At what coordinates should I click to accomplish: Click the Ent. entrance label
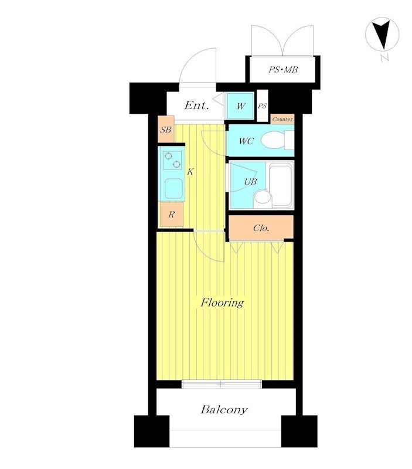(196, 106)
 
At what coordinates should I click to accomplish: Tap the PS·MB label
(283, 70)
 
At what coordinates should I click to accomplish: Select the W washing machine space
(241, 106)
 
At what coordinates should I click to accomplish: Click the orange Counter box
(282, 119)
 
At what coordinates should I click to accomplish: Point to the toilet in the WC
(277, 140)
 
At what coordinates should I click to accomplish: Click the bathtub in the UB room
(281, 185)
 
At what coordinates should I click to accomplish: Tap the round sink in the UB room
(263, 198)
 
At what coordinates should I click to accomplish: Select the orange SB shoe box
(166, 130)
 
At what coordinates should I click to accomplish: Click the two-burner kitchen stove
(172, 160)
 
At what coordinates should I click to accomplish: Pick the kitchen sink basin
(173, 188)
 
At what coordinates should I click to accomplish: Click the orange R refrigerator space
(171, 214)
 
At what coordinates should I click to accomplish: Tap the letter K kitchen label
(190, 172)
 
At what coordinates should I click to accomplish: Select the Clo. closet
(261, 228)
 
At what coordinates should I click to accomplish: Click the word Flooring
(222, 303)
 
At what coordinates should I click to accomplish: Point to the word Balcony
(224, 409)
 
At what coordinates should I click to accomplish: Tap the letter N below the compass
(385, 58)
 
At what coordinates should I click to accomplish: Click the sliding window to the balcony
(222, 384)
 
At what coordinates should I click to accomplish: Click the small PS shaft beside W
(262, 106)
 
